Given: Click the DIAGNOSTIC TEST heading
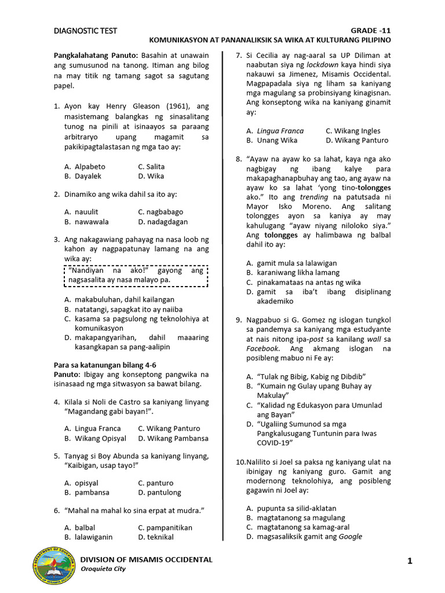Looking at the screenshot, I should click(85, 31).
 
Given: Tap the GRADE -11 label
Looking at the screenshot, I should click(371, 31).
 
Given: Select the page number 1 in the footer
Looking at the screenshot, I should click(409, 561).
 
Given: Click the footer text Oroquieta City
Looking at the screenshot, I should click(103, 569).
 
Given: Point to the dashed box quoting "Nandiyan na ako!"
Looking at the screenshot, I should click(135, 275).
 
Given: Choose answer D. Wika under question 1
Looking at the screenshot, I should click(151, 176).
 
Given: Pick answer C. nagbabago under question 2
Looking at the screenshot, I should click(160, 212).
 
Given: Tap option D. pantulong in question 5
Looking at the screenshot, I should click(159, 492).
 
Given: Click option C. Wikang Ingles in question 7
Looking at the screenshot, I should click(353, 131).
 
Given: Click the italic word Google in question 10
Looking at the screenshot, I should click(351, 536).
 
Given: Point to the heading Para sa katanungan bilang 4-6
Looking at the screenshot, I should click(105, 365).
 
